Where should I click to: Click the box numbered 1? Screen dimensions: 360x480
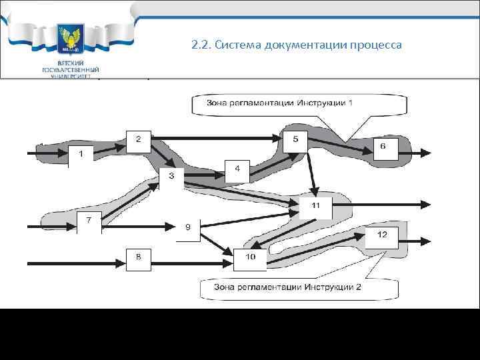[82, 155]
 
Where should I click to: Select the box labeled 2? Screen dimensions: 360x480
[139, 139]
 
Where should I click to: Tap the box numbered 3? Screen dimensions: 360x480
[171, 177]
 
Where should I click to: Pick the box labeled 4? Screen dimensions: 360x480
[237, 170]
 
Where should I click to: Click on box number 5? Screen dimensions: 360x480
[295, 139]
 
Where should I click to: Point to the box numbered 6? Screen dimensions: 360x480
[383, 146]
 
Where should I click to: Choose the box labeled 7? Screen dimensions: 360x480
[89, 221]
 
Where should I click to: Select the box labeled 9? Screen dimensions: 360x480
[188, 228]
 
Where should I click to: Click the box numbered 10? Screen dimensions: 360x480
[249, 257]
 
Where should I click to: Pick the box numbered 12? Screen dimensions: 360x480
[381, 235]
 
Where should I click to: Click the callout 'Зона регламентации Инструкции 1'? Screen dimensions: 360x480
[280, 103]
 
